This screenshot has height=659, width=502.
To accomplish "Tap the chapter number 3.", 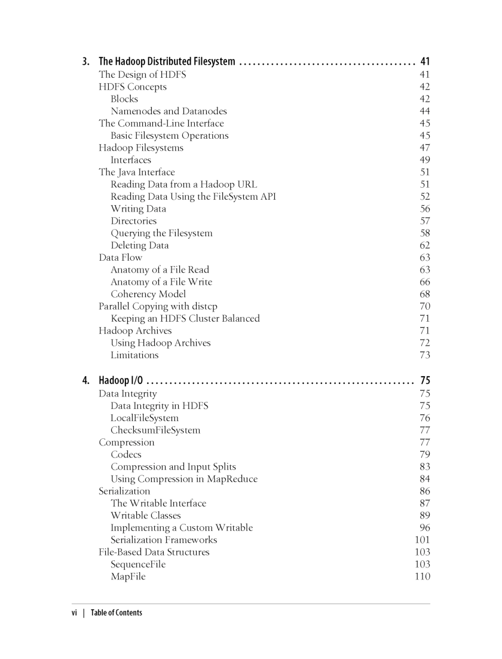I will (x=86, y=62).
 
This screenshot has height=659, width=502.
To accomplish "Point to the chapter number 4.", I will (x=86, y=380).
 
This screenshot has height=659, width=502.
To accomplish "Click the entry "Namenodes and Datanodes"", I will (x=169, y=111).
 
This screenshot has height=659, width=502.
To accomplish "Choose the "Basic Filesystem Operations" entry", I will (x=169, y=136).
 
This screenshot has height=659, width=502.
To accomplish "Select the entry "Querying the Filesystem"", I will (x=161, y=233).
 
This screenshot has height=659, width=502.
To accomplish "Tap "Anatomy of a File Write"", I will (x=161, y=282).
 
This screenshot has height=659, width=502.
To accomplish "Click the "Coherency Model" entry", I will (x=148, y=294).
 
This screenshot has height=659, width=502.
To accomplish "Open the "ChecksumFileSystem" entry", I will (x=155, y=430).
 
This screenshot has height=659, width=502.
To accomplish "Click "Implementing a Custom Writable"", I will (x=182, y=527).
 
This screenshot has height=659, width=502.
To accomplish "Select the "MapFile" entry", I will (x=128, y=576).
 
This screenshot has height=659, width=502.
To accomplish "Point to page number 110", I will (x=422, y=576).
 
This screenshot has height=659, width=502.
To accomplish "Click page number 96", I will (x=425, y=527).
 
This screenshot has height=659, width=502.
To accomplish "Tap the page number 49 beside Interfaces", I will (x=425, y=160).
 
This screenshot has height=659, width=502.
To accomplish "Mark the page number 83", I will (x=425, y=466).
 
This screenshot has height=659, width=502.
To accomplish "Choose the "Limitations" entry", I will (x=134, y=355).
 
